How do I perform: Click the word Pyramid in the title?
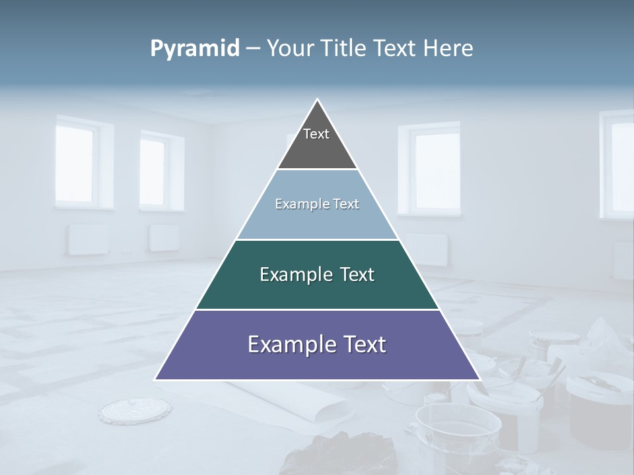pos(195,49)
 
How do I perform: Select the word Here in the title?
pos(448,49)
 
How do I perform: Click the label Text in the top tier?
pos(316,134)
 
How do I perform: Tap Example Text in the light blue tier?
pos(317,204)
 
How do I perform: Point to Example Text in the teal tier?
pos(317,274)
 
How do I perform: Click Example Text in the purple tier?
pos(317,344)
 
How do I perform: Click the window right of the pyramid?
pos(433,168)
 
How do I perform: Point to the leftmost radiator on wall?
pos(87,239)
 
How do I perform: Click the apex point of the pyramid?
pos(317,100)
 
